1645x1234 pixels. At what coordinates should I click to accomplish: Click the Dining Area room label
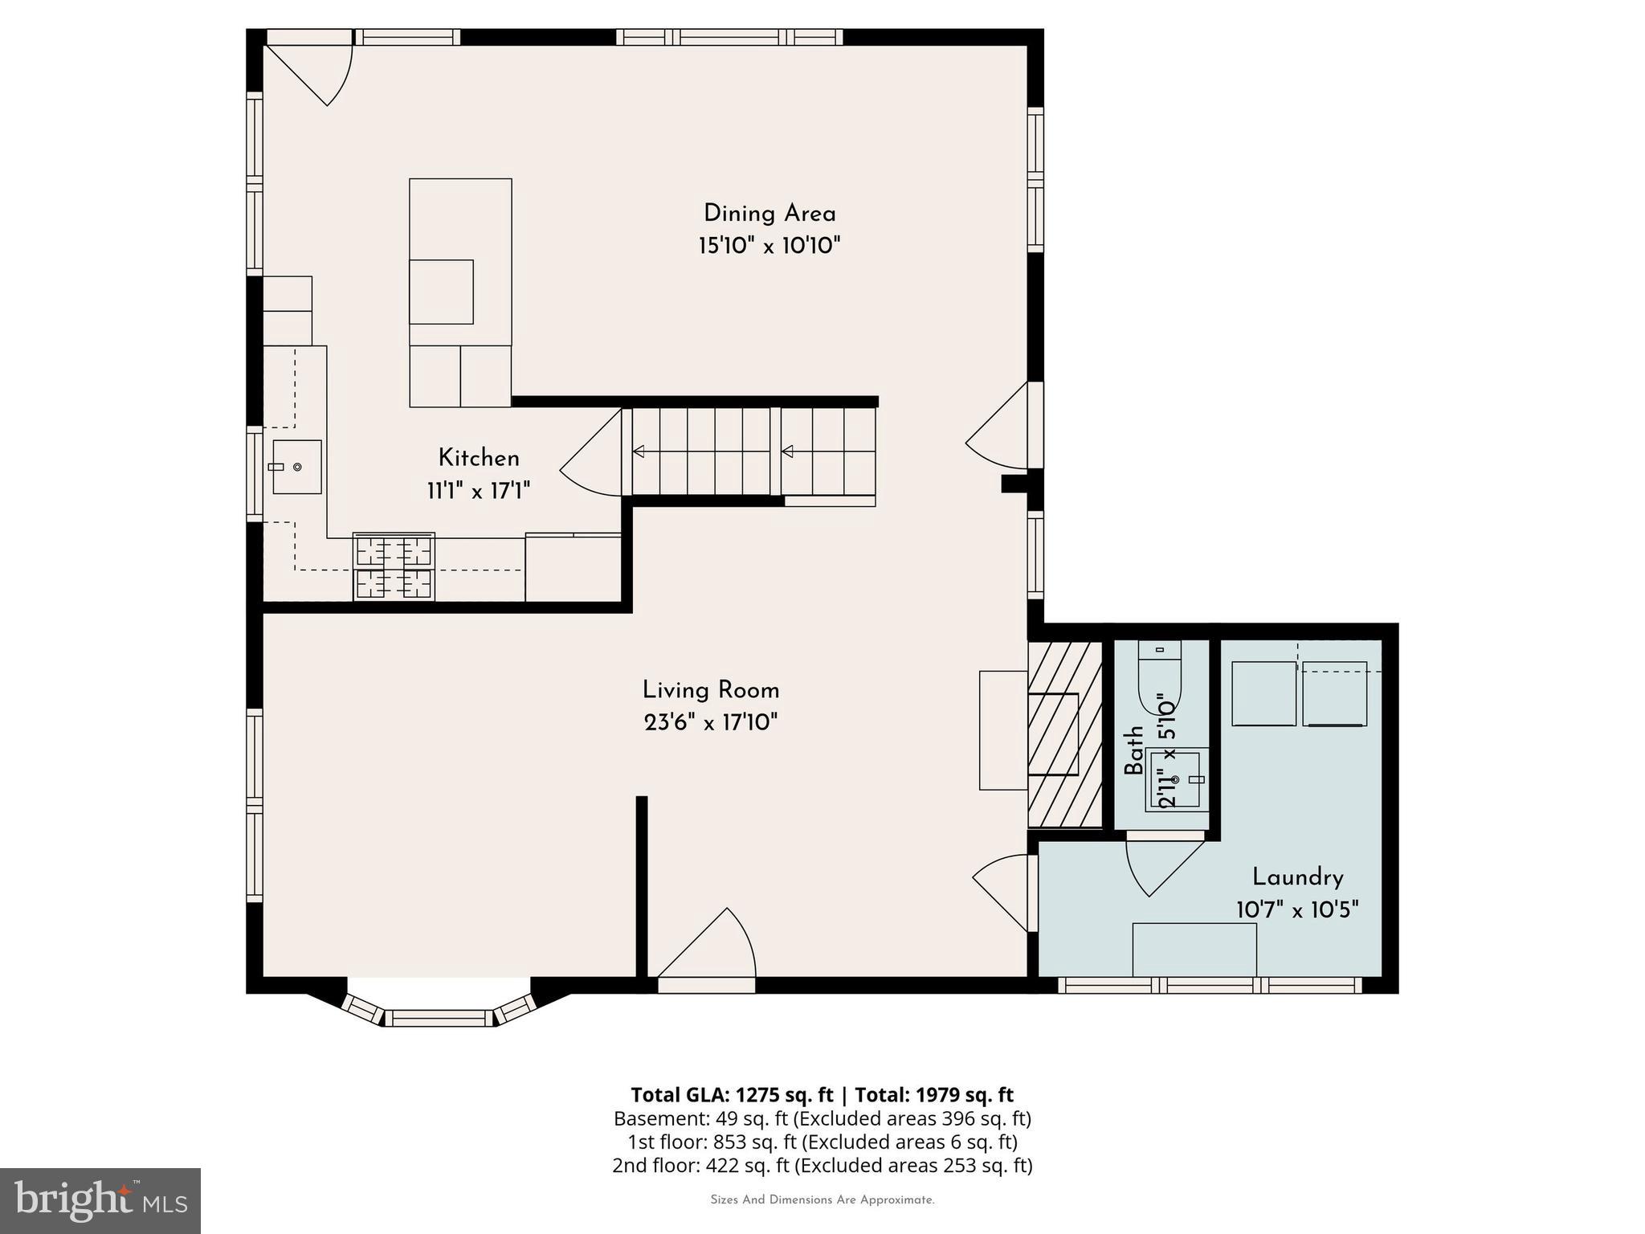point(769,214)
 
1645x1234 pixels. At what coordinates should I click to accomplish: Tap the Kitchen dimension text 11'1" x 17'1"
point(479,491)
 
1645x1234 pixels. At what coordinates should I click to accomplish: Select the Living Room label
point(711,690)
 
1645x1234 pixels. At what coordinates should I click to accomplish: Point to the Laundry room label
point(1297,876)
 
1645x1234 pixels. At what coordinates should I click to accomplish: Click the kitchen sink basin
point(297,467)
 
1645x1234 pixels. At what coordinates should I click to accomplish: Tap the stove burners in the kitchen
point(394,566)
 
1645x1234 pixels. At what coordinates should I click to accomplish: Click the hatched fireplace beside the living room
point(1065,733)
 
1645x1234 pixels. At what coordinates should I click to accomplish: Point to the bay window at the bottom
point(439,1015)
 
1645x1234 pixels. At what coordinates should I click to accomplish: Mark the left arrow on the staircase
point(639,452)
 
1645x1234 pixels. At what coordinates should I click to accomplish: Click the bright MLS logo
point(100,1200)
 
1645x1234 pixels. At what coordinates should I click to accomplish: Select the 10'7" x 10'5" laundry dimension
point(1297,910)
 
